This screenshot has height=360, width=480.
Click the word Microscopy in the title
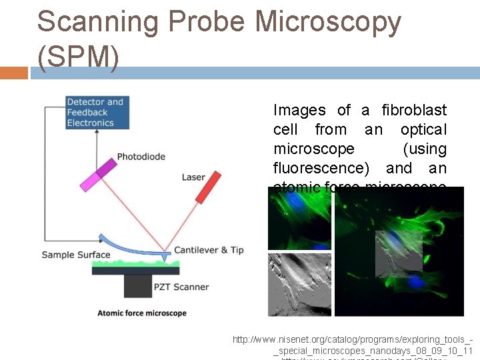328,22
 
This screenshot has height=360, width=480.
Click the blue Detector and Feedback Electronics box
97,112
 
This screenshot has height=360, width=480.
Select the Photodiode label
141,157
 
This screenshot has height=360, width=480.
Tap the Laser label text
193,177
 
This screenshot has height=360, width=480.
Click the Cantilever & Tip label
209,250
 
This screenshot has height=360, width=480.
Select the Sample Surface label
75,255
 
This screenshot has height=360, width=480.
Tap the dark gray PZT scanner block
138,286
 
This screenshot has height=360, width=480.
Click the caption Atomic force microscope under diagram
142,313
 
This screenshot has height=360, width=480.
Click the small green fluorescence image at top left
299,218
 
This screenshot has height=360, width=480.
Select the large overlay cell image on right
399,251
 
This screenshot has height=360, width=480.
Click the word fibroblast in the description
414,110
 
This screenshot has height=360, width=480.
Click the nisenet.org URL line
353,340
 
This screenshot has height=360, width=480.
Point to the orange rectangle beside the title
14,72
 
